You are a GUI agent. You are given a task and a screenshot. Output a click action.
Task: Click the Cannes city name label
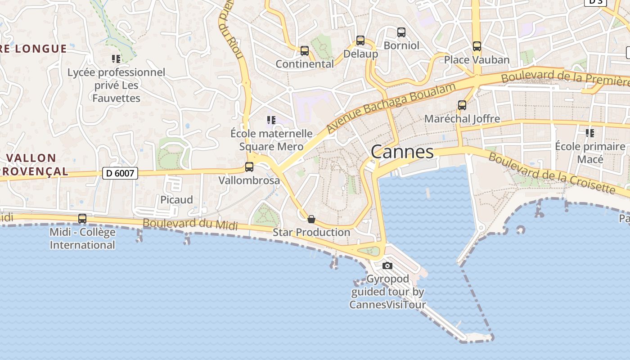pos(402,152)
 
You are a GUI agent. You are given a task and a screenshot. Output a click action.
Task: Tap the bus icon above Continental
pos(305,51)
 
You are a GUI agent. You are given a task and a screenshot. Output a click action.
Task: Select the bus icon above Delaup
pos(360,40)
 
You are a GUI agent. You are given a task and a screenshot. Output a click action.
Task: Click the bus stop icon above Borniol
pos(401,32)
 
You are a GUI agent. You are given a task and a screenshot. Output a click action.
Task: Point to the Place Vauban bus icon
pos(477,46)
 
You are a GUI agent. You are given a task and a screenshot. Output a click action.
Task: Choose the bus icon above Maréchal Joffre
pos(462,105)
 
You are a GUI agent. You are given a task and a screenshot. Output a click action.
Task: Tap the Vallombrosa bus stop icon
pos(249,167)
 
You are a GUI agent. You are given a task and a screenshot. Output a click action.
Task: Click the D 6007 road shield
pos(120,173)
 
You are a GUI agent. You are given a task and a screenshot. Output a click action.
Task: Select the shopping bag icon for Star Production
pos(311,219)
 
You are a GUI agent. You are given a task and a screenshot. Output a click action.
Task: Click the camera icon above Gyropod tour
pos(387,265)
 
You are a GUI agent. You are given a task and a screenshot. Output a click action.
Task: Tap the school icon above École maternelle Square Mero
pos(271,120)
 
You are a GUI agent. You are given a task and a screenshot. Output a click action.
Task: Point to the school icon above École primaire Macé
pos(590,133)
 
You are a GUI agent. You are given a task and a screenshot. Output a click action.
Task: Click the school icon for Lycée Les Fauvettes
pos(116,59)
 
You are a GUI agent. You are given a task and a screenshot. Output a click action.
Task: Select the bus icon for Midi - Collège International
pos(82,219)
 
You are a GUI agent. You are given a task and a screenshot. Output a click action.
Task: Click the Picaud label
pos(176,200)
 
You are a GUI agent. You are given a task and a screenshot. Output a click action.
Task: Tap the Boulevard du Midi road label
pos(190,224)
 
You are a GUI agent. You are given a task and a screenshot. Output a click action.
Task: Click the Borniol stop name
pos(401,45)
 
